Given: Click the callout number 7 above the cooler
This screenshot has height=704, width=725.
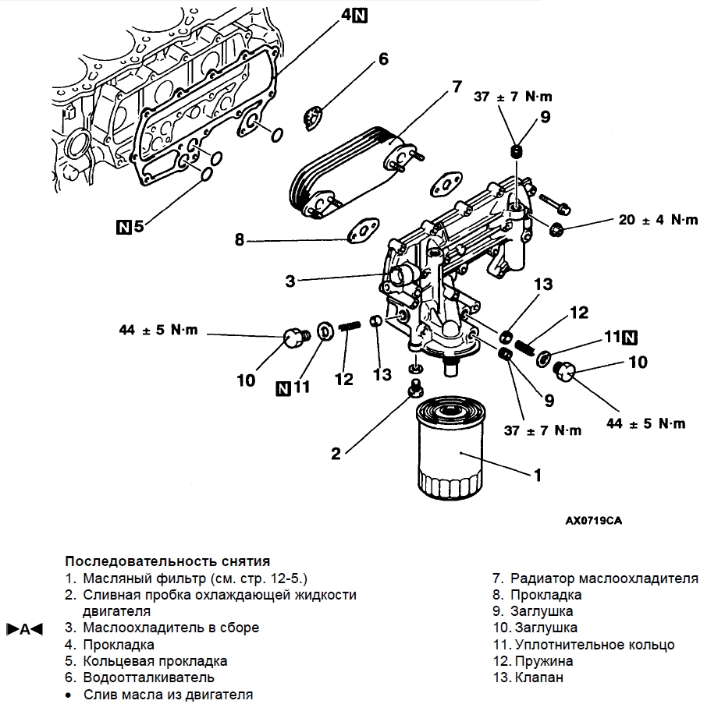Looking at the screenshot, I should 457,87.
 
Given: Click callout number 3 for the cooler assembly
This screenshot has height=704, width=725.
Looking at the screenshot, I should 290,280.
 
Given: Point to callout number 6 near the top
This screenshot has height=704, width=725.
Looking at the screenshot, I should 383,59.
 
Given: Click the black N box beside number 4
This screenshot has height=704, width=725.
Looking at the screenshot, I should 360,15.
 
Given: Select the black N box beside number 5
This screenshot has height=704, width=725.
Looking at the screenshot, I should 123,227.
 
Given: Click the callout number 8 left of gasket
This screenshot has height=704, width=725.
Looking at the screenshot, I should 239,240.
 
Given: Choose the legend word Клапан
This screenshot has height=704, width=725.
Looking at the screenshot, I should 538,677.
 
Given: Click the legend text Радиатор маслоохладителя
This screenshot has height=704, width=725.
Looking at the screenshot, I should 604,578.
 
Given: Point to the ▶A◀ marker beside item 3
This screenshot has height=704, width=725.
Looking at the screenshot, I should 24,628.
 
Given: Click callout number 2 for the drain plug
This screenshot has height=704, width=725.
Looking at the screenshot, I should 335,453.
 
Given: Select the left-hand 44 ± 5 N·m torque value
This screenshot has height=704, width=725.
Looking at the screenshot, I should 159,330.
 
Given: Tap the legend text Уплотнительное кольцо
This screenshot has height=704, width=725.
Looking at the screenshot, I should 595,645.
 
